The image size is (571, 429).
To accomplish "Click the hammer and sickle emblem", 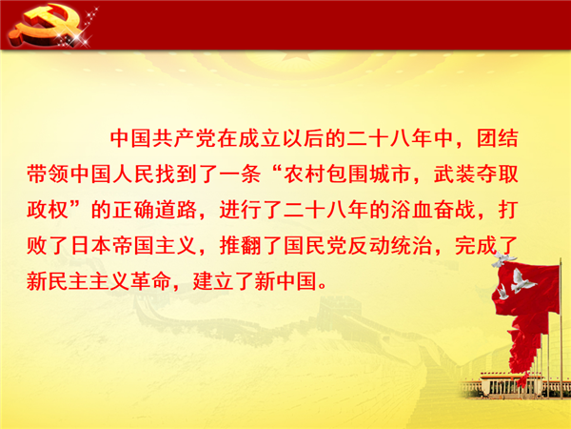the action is [46, 27].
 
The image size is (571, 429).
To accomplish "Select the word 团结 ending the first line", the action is [498, 138].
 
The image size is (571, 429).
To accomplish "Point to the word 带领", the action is [49, 174].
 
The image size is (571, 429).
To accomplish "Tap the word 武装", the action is [455, 174].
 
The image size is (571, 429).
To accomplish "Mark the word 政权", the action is [49, 210].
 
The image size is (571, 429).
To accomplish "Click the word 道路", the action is [176, 210].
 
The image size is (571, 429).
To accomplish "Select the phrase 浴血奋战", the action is [433, 210].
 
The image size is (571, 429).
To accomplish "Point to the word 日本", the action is [90, 246].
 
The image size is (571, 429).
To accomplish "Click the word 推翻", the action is [241, 246].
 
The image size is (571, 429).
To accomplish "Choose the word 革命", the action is [150, 281].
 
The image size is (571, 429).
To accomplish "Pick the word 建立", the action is [213, 281].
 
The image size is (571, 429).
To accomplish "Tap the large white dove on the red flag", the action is [522, 281].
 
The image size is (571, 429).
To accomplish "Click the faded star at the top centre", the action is [290, 55].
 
